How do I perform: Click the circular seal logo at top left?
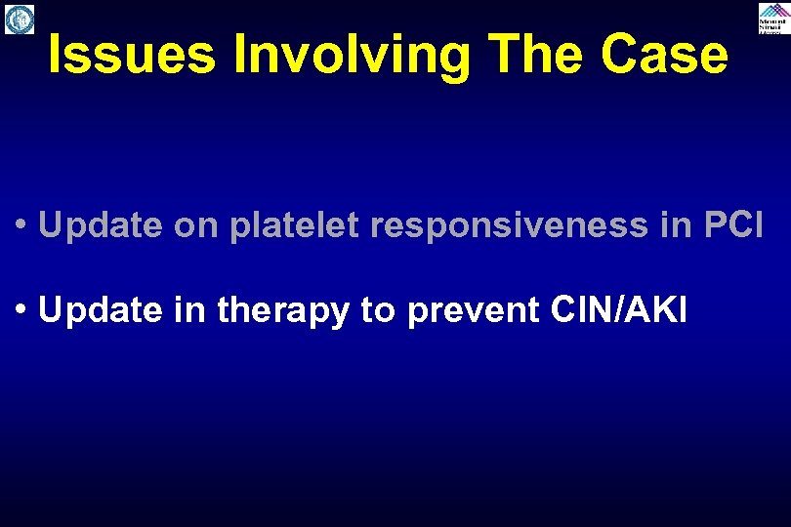click(x=20, y=19)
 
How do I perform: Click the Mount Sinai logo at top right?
click(x=772, y=19)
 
